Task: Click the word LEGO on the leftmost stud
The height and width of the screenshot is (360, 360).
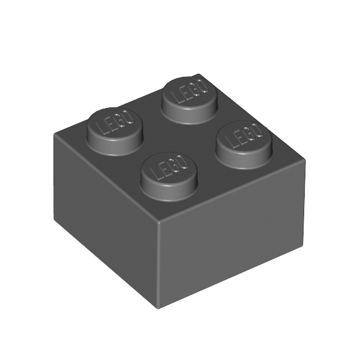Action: [x=115, y=122]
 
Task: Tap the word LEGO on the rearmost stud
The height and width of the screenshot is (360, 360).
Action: [x=189, y=91]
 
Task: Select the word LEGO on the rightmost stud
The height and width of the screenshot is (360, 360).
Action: [x=244, y=136]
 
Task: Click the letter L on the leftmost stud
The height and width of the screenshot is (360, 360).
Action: [x=101, y=128]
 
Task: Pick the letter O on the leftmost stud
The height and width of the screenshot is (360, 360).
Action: [x=128, y=117]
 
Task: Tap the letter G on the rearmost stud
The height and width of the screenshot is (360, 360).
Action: [x=194, y=89]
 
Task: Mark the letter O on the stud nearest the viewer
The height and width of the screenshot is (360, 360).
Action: [x=183, y=161]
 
